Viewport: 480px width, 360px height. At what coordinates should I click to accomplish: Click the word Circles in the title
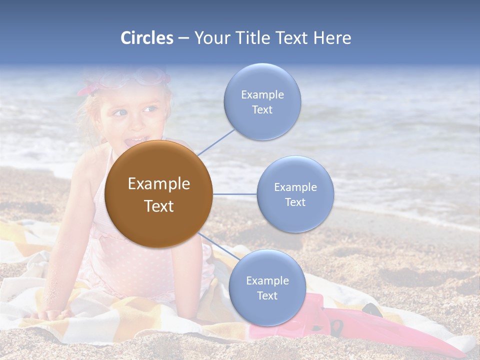pyautogui.click(x=146, y=38)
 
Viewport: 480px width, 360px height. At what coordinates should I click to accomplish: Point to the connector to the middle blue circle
pyautogui.click(x=234, y=194)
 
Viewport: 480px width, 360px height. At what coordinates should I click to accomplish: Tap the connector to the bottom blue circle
pyautogui.click(x=218, y=246)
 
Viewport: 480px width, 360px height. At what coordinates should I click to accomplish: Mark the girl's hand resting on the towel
pyautogui.click(x=52, y=314)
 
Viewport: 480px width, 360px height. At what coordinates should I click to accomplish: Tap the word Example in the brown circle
pyautogui.click(x=158, y=184)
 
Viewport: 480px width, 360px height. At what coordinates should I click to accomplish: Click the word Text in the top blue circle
pyautogui.click(x=262, y=109)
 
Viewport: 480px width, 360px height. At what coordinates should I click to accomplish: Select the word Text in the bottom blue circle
pyautogui.click(x=267, y=295)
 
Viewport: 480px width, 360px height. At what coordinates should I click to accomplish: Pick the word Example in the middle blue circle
pyautogui.click(x=295, y=187)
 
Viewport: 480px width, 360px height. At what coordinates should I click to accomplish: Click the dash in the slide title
pyautogui.click(x=183, y=38)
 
